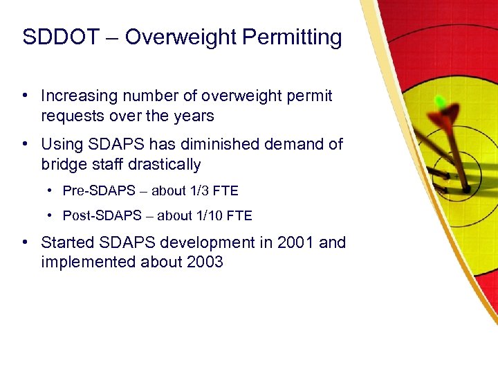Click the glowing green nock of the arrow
coord(439,102)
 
